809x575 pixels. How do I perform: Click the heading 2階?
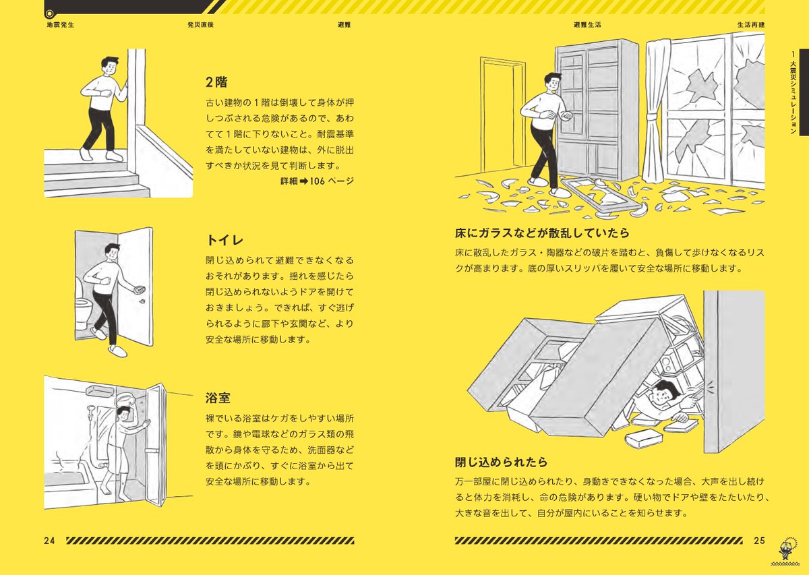click(216, 83)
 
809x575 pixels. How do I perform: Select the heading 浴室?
click(218, 398)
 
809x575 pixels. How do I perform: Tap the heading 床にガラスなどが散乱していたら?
click(542, 233)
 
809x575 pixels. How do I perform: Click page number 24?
click(49, 541)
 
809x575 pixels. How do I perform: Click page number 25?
click(759, 541)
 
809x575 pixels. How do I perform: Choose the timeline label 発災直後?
click(201, 24)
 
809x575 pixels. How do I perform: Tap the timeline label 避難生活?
click(587, 24)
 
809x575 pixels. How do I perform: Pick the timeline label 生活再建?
click(751, 24)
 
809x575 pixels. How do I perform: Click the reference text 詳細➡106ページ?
click(317, 181)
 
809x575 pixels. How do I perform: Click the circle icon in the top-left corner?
click(49, 13)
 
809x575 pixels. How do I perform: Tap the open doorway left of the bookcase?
click(502, 121)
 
